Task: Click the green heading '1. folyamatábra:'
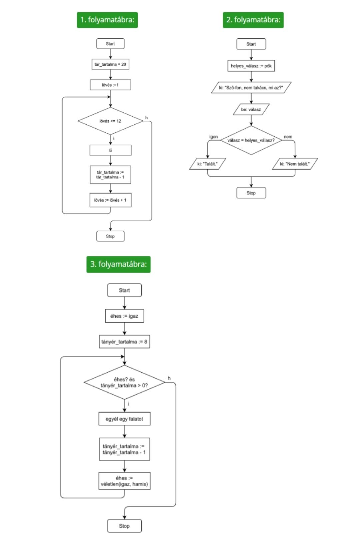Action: (107, 20)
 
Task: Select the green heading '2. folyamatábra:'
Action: (253, 20)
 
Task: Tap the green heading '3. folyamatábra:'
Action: (118, 264)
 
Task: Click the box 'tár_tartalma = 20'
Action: (110, 64)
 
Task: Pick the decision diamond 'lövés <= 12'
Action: (110, 121)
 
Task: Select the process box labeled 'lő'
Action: (110, 150)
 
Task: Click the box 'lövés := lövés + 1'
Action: (110, 200)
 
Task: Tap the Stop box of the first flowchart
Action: (110, 236)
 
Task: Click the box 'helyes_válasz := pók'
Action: (251, 66)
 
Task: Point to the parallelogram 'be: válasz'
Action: (251, 109)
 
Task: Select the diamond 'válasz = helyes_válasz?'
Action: (251, 140)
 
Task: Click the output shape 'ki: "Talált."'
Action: (207, 164)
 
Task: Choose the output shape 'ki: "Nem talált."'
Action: (295, 164)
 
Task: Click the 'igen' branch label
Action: (214, 137)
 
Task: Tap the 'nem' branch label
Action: (288, 137)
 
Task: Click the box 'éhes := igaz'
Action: (125, 316)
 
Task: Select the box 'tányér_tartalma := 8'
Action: (125, 342)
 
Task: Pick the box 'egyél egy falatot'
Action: (125, 419)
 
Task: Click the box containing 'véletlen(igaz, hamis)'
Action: (125, 481)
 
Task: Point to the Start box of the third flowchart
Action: (125, 290)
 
